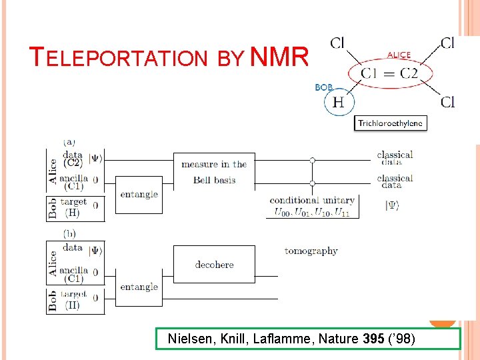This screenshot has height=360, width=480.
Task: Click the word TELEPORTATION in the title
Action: pyautogui.click(x=120, y=58)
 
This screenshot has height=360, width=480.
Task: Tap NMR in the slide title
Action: pyautogui.click(x=279, y=57)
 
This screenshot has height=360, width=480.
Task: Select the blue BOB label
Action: pyautogui.click(x=324, y=87)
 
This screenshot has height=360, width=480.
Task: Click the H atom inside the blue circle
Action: pyautogui.click(x=339, y=102)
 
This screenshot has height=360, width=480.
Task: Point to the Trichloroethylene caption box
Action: pyautogui.click(x=390, y=123)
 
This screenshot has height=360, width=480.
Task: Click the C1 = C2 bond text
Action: pyautogui.click(x=389, y=73)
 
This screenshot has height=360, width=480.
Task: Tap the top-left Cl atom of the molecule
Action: pyautogui.click(x=337, y=43)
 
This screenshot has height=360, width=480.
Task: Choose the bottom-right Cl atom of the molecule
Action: pyautogui.click(x=447, y=102)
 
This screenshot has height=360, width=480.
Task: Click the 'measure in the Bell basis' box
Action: pyautogui.click(x=214, y=172)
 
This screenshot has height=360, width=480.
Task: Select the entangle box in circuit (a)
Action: pyautogui.click(x=139, y=195)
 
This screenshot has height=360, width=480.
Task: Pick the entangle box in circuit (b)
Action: pyautogui.click(x=139, y=287)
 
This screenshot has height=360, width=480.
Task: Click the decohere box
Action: pyautogui.click(x=214, y=265)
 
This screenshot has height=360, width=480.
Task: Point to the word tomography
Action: pyautogui.click(x=311, y=251)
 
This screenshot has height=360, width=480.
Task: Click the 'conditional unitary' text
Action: pyautogui.click(x=312, y=201)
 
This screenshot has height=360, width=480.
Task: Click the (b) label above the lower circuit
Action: pyautogui.click(x=69, y=233)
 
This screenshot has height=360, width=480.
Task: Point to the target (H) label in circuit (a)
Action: pyautogui.click(x=73, y=207)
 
